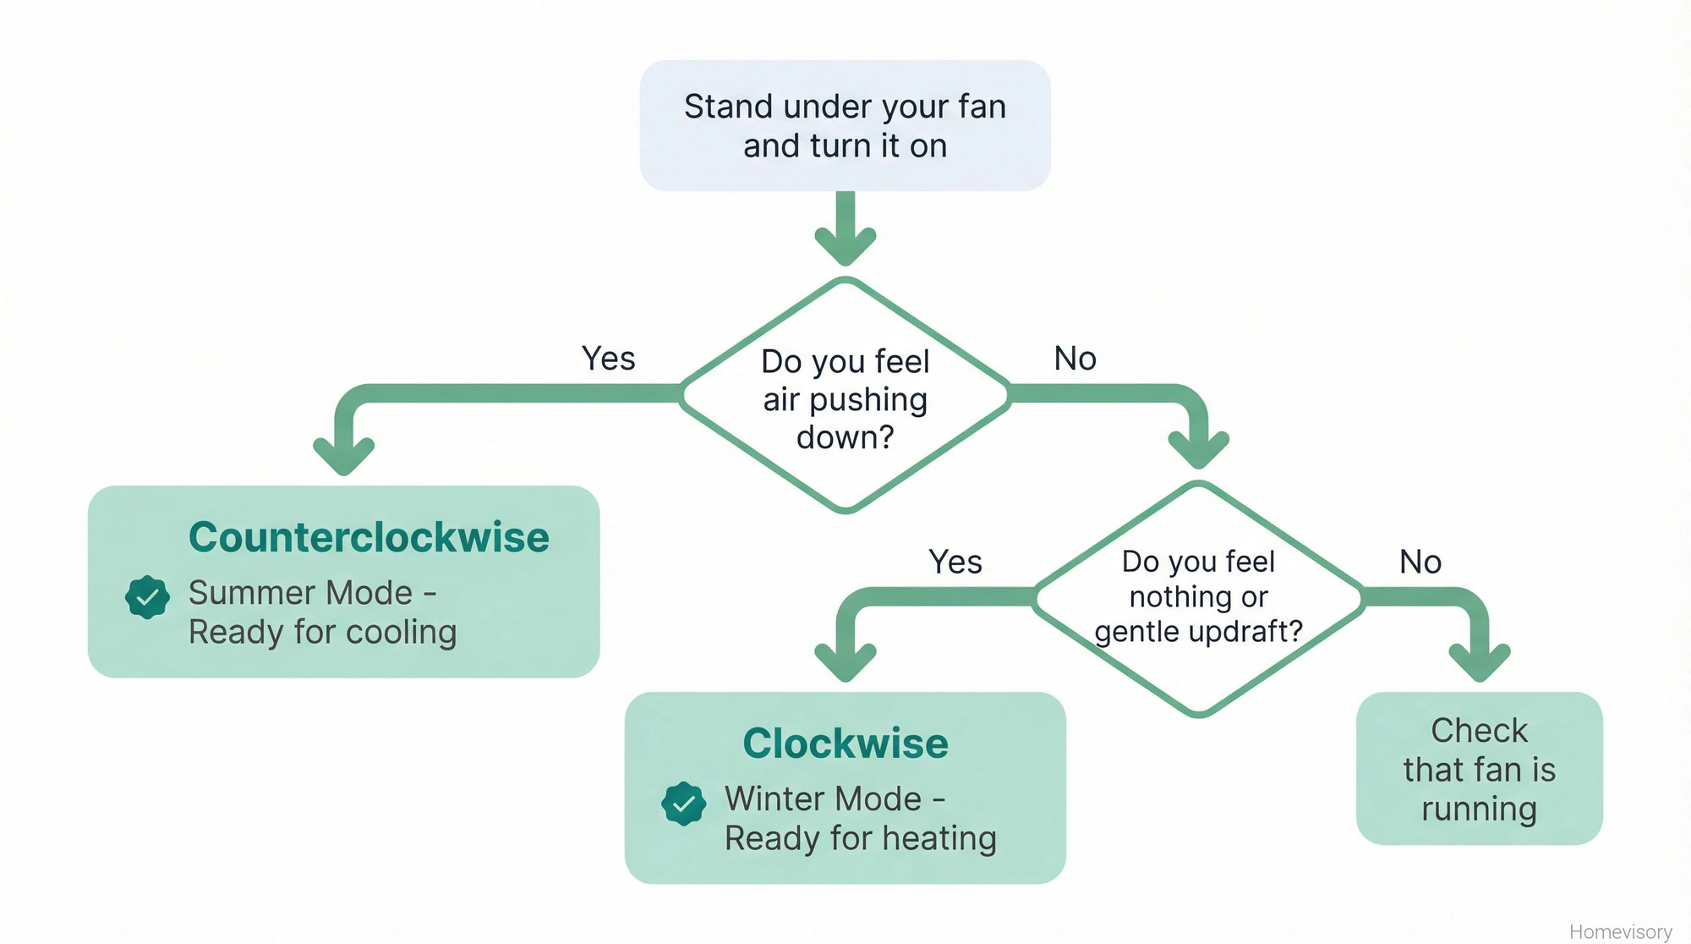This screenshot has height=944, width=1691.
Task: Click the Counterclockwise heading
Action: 369,538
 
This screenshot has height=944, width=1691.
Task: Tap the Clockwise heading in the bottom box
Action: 845,744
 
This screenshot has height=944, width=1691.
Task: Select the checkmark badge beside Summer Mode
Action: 147,597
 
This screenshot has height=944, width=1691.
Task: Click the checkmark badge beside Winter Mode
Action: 683,804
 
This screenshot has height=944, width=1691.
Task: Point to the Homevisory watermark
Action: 1620,931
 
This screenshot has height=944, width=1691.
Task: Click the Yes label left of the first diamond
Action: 608,359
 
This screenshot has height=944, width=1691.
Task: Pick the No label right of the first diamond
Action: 1075,359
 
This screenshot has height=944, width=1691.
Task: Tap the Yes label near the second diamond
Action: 955,562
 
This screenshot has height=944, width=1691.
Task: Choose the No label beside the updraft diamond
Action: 1420,562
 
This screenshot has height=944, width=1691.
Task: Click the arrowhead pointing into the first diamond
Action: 845,245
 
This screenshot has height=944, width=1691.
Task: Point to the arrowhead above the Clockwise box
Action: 845,661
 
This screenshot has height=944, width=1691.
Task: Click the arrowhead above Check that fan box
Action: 1480,661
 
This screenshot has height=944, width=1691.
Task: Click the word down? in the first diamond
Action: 845,437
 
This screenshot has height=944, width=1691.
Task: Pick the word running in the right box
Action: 1479,810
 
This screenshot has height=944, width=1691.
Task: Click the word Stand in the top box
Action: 728,107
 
